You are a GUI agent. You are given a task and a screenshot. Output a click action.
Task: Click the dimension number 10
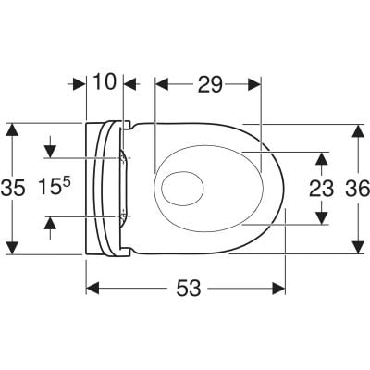pos(105,81)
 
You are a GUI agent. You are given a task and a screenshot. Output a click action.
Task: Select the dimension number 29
pos(210,84)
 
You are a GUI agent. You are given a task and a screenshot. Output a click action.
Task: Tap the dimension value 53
pos(189,289)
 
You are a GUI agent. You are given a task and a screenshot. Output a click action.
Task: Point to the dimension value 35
pos(13,188)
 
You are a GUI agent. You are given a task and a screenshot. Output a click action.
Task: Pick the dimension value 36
pos(357,189)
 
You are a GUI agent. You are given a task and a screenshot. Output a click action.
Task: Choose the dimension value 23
pos(322,189)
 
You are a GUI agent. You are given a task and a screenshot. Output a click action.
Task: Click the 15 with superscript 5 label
pos(55,187)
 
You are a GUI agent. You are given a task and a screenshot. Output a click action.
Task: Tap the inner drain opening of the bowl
pos(182,188)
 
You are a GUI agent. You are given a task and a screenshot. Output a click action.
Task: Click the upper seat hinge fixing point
pos(123,158)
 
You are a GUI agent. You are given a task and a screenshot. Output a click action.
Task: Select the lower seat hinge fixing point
pos(123,216)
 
